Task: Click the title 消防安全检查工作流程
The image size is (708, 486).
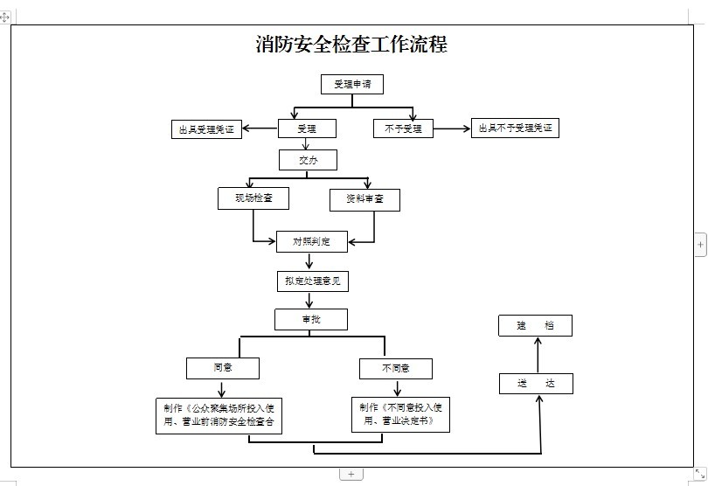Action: pyautogui.click(x=351, y=45)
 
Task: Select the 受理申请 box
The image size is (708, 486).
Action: pyautogui.click(x=352, y=85)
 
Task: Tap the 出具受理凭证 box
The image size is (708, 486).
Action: pyautogui.click(x=206, y=130)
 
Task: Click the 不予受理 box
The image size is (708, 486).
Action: pyautogui.click(x=403, y=128)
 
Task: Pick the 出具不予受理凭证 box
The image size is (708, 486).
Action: pyautogui.click(x=515, y=128)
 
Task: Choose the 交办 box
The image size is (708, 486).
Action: pyautogui.click(x=308, y=160)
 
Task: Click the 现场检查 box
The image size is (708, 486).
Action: pyautogui.click(x=253, y=198)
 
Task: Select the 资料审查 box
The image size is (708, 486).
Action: pyautogui.click(x=364, y=200)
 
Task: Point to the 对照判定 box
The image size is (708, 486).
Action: pyautogui.click(x=312, y=241)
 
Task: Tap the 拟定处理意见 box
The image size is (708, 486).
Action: pyautogui.click(x=312, y=281)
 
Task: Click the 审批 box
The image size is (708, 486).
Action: pyautogui.click(x=311, y=319)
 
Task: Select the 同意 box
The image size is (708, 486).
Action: pyautogui.click(x=223, y=368)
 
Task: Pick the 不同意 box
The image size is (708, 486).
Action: pyautogui.click(x=396, y=368)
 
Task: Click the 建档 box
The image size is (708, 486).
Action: pyautogui.click(x=536, y=326)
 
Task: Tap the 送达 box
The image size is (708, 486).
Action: pyautogui.click(x=536, y=384)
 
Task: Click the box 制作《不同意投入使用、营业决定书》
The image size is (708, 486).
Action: pyautogui.click(x=400, y=414)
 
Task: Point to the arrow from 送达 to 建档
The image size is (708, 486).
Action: pyautogui.click(x=537, y=355)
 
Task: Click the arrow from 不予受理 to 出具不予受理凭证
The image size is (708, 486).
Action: pyautogui.click(x=452, y=129)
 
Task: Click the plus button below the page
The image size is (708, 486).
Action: pyautogui.click(x=351, y=474)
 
